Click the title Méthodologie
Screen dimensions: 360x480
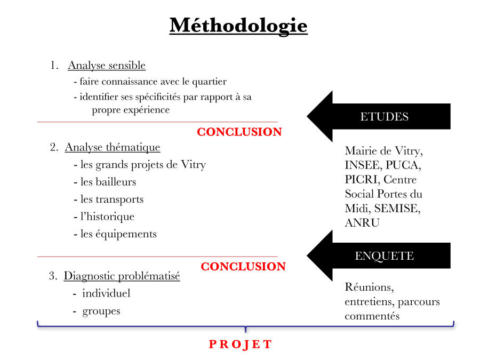click(x=238, y=25)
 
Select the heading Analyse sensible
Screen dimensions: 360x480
click(x=107, y=66)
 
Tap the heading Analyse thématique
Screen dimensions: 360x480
click(x=113, y=147)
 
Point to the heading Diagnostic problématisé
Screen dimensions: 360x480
click(x=122, y=276)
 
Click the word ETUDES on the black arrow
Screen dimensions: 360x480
click(x=384, y=117)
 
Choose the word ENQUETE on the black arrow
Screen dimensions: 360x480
click(x=384, y=256)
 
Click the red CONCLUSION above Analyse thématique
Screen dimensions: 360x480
click(x=239, y=132)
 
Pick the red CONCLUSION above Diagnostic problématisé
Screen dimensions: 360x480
click(x=243, y=267)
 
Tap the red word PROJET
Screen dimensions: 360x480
click(x=240, y=345)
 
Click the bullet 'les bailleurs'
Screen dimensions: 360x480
click(x=108, y=182)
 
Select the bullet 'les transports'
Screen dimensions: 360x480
click(x=112, y=199)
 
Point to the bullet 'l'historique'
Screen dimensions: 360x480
click(x=107, y=217)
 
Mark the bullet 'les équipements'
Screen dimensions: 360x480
click(x=118, y=234)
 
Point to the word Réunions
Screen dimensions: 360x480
click(x=369, y=287)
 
